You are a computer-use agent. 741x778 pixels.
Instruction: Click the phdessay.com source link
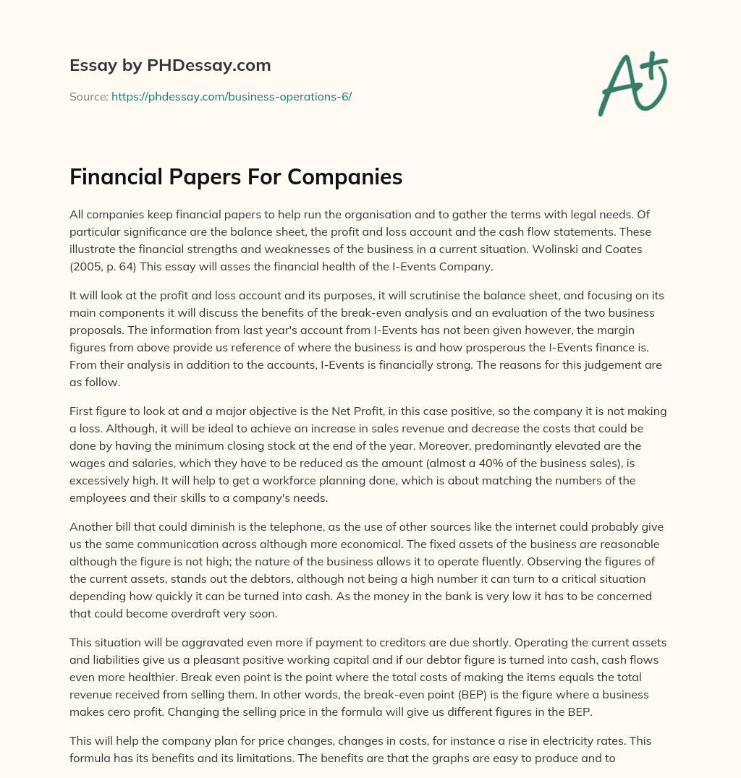click(x=231, y=96)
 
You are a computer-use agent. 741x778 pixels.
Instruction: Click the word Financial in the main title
click(x=116, y=177)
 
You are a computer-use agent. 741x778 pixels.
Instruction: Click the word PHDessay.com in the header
click(x=209, y=65)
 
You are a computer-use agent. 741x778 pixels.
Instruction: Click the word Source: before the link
click(x=88, y=96)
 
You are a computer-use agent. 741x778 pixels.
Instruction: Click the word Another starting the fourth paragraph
click(x=92, y=526)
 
